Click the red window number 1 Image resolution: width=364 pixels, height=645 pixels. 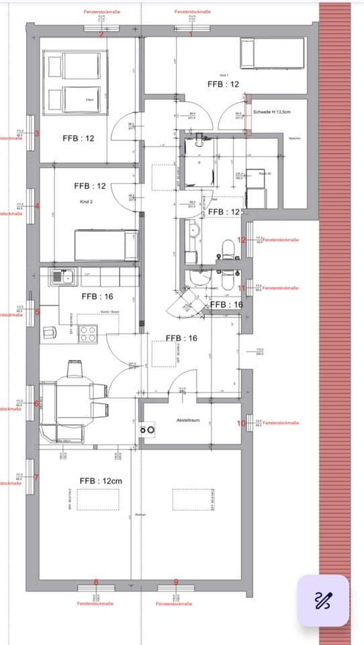point(191,34)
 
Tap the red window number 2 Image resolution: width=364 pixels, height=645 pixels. point(101,34)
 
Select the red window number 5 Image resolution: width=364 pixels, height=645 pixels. point(37,312)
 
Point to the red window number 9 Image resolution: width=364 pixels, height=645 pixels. point(176,583)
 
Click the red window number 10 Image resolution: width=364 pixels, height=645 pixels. point(242,423)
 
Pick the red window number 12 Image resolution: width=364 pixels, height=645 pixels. point(242,240)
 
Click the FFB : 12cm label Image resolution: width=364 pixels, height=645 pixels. point(101,481)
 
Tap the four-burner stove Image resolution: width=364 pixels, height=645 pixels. point(87,334)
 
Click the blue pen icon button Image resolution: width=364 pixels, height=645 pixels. point(323,600)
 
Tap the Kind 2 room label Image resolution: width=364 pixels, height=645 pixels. point(85,202)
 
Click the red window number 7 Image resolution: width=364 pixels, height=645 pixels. point(37,478)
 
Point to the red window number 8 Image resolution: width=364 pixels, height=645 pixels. point(96,583)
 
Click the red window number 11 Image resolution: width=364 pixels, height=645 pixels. point(242,288)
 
